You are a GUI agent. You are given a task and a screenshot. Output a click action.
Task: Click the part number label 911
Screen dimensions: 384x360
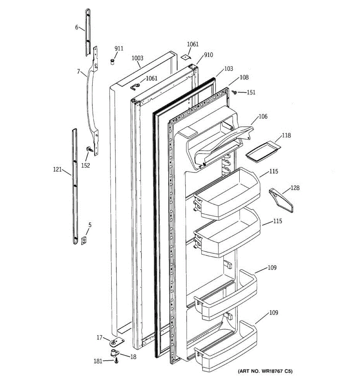point(119,49)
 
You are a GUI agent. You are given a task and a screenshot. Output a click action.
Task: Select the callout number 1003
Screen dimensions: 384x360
point(138,58)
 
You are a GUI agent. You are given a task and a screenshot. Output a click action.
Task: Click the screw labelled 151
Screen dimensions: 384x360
point(235,92)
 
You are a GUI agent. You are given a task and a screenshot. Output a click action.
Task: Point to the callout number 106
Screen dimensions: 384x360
point(263,116)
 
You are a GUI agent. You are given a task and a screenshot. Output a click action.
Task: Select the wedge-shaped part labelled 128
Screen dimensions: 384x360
point(282,200)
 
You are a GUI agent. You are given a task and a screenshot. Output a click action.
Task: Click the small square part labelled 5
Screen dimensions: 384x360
point(84,240)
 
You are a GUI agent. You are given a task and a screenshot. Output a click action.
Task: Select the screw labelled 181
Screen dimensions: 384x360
point(116,361)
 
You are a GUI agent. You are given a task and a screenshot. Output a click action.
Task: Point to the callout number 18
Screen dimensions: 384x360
point(133,357)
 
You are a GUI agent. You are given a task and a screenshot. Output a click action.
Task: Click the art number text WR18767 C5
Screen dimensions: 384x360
point(265,372)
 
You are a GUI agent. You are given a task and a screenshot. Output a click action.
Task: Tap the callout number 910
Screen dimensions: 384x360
point(208,55)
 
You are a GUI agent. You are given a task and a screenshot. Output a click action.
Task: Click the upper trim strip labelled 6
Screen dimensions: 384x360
point(88,32)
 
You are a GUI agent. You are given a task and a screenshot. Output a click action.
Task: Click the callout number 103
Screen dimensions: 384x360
point(228,68)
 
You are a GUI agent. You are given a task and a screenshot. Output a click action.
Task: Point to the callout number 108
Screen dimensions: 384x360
point(244,77)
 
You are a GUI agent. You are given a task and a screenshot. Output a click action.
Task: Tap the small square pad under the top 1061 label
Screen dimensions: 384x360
point(185,57)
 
